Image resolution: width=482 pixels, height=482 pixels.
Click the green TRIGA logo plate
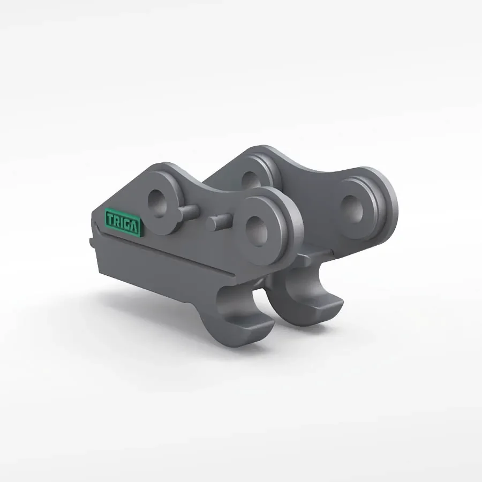coord(123,221)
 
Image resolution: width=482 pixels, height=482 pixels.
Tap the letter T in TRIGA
coord(110,219)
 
